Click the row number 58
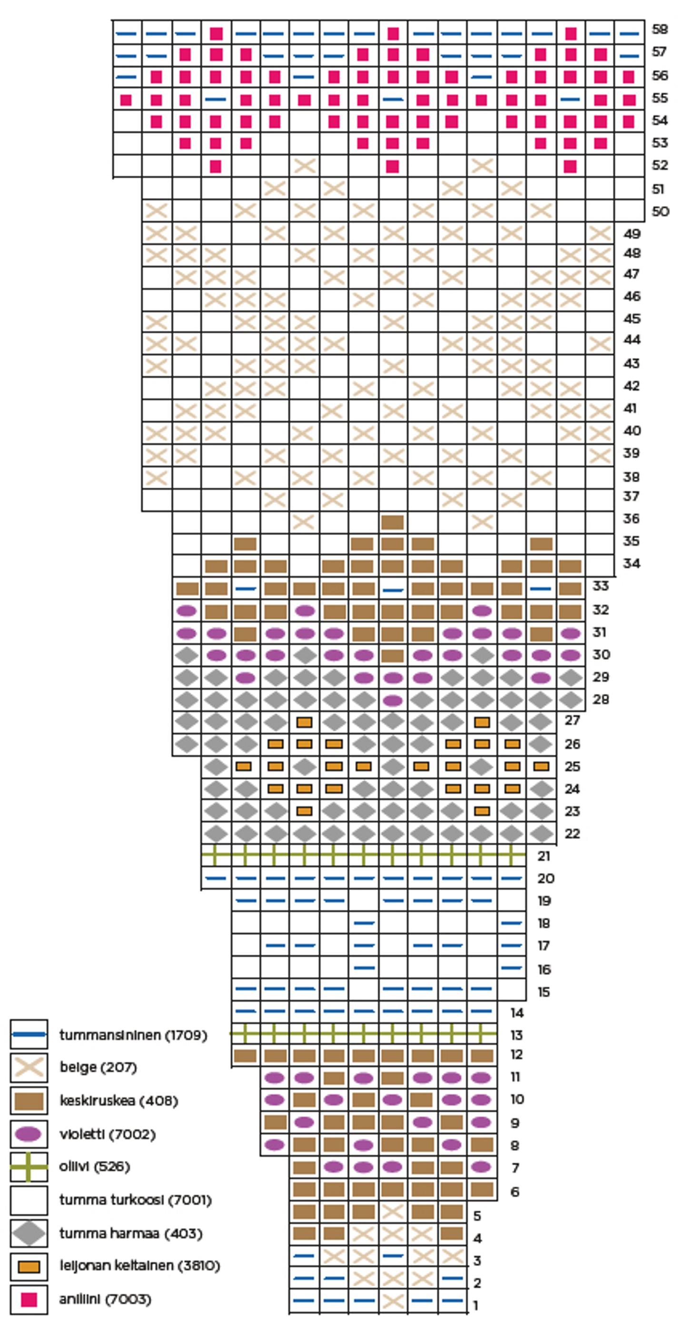click(x=659, y=29)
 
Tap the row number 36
click(x=631, y=519)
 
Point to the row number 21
click(x=544, y=856)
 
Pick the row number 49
click(x=632, y=234)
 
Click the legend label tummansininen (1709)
click(x=133, y=1035)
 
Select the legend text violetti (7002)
click(x=107, y=1134)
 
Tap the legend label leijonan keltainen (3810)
click(x=139, y=1266)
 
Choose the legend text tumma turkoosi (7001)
click(x=136, y=1200)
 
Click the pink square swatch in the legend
click(x=29, y=1300)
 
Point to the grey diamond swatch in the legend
click(x=29, y=1234)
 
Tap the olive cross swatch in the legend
click(x=29, y=1167)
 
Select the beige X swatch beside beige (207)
click(x=29, y=1068)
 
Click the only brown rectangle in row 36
click(x=393, y=522)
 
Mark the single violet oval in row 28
click(x=393, y=701)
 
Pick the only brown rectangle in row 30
click(x=393, y=656)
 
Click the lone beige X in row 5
click(x=393, y=1212)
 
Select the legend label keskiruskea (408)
click(x=119, y=1101)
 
